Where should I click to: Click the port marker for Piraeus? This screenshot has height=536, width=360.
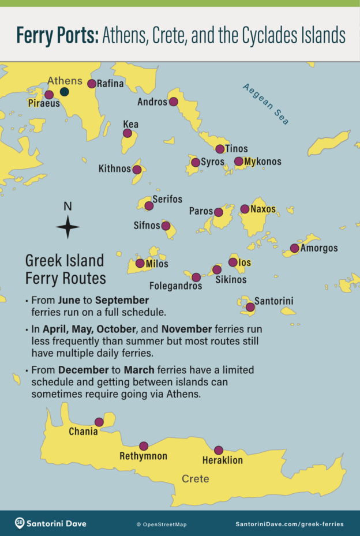coord(49,95)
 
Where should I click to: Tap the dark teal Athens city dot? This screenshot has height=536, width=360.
coord(65,92)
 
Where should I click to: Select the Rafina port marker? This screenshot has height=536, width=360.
coord(92,84)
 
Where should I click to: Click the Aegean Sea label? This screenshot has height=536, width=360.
coord(266,104)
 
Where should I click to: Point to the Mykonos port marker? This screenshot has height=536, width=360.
coord(239,161)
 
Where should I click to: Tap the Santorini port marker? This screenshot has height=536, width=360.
coord(250,307)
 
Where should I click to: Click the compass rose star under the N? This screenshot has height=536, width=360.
coord(67,227)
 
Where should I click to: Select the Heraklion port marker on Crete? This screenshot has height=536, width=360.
coord(218,450)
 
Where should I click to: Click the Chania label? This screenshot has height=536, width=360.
coord(83,432)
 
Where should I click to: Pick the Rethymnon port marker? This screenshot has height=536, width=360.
coord(144,446)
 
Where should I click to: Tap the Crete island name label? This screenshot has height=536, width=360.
coord(195,479)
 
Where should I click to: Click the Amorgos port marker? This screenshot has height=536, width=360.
coord(294,248)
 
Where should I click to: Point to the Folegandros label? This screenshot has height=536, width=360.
coord(175,286)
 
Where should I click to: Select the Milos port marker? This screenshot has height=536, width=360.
coord(140,264)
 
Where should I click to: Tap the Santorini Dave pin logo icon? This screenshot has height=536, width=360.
coord(20,523)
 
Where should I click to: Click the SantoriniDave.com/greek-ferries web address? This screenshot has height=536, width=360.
coord(289,524)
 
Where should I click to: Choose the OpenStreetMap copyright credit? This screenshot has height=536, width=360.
coord(161,524)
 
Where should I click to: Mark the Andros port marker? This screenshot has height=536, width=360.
coord(173,102)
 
